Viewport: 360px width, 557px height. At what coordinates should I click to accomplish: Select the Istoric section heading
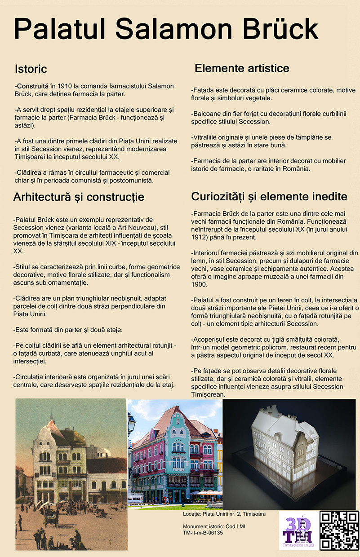[31, 69]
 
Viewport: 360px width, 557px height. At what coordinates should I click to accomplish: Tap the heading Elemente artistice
[242, 68]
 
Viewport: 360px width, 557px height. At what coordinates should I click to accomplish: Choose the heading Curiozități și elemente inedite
[269, 196]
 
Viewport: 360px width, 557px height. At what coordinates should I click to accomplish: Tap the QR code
[339, 530]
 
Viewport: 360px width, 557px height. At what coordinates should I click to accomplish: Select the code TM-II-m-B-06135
[203, 533]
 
